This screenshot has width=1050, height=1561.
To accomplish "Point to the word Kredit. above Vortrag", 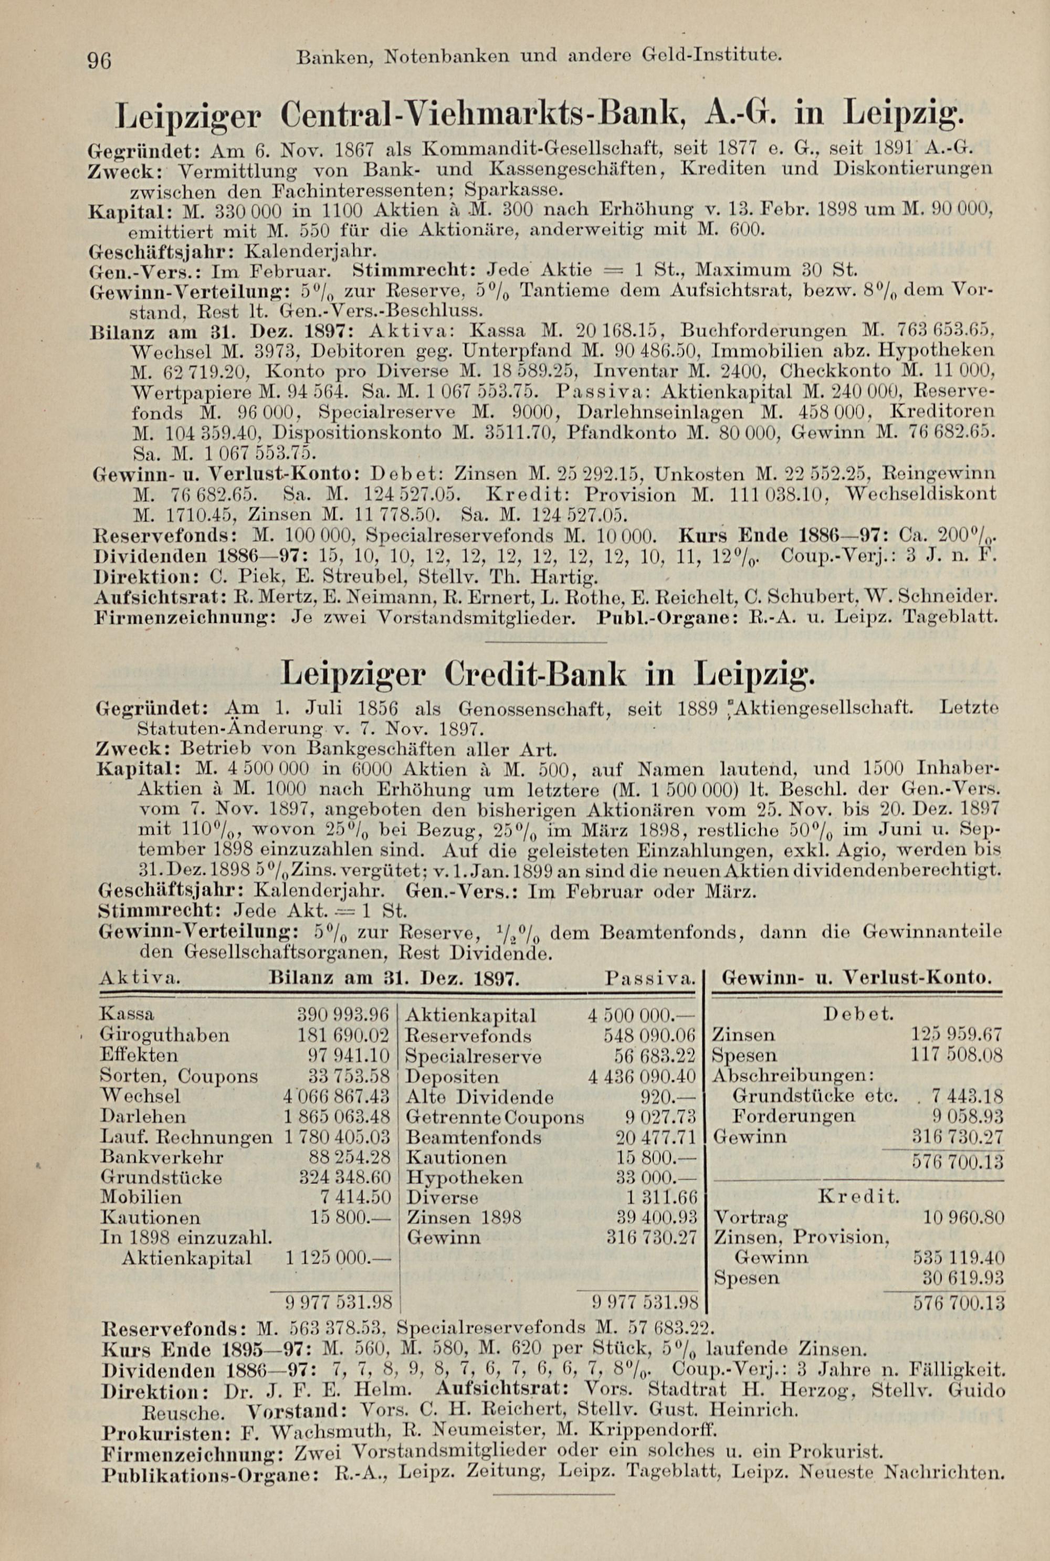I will [859, 1196].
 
